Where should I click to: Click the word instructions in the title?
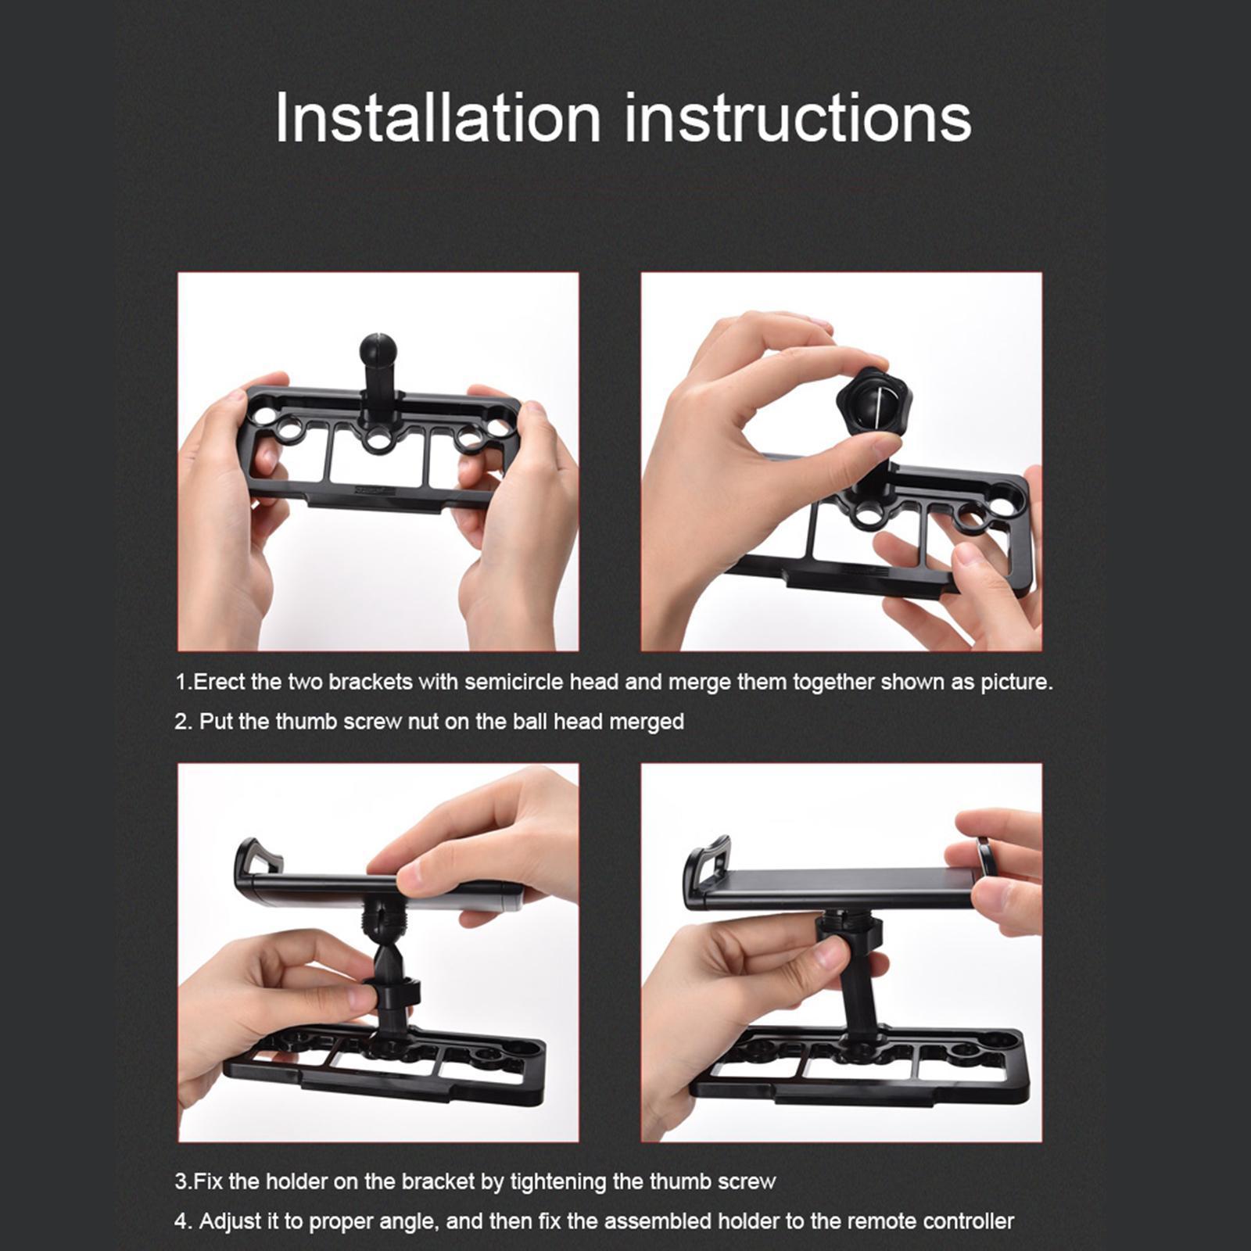point(798,119)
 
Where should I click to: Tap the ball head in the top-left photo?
point(378,347)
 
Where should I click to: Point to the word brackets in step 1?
point(370,682)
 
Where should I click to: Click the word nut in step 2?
point(423,721)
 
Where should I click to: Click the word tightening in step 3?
point(557,1181)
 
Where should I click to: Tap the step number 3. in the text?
point(183,1181)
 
